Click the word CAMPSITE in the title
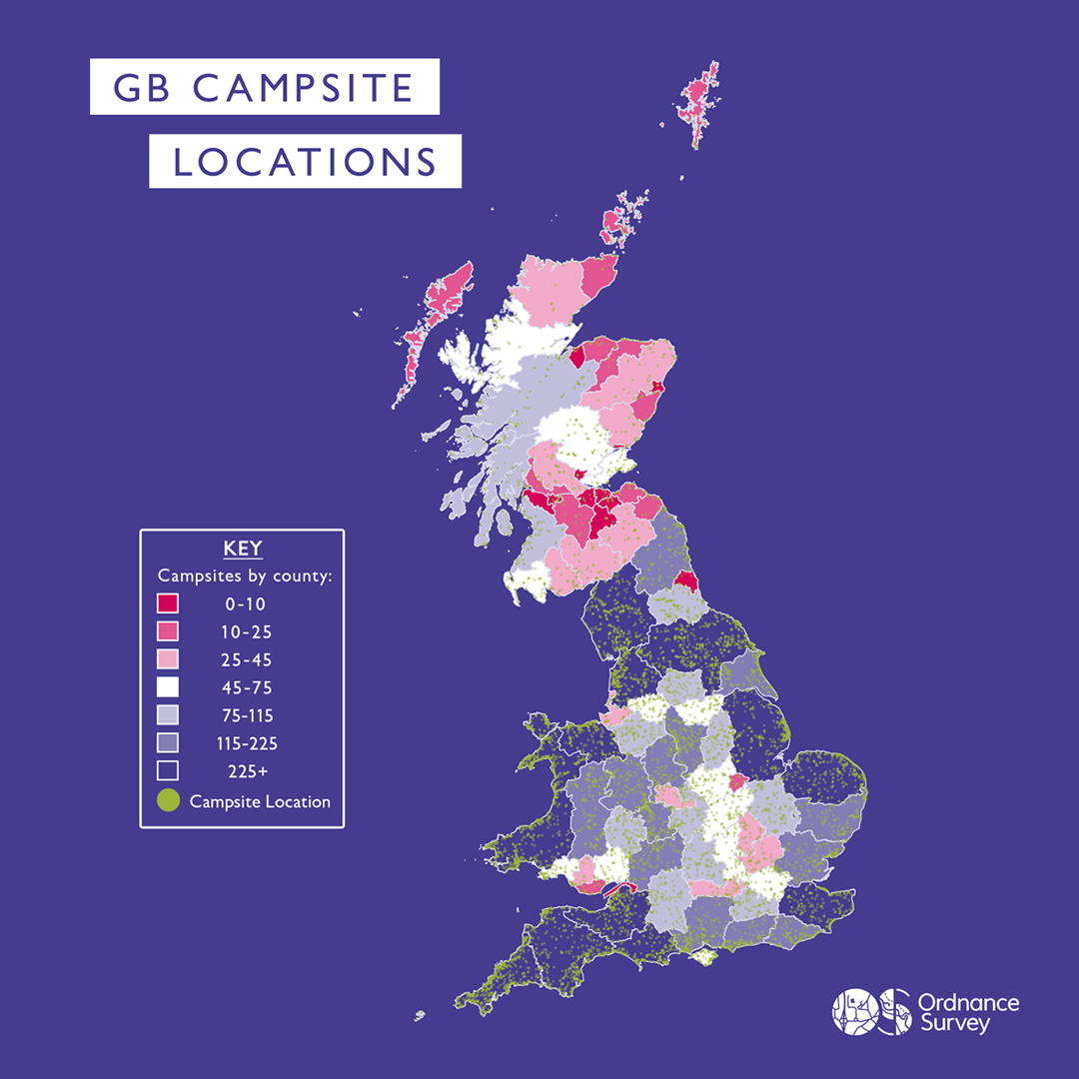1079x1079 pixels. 303,88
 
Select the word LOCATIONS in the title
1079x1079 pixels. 305,162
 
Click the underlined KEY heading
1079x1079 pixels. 242,548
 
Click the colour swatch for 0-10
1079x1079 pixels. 168,603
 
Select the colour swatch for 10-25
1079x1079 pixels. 168,631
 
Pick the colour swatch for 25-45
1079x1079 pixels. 168,659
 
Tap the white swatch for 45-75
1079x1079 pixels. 168,687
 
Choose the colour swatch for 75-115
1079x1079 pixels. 168,715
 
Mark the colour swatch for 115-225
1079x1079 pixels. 168,743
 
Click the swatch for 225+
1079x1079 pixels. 168,770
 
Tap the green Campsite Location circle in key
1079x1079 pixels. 168,800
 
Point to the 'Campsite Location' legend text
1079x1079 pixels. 260,801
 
